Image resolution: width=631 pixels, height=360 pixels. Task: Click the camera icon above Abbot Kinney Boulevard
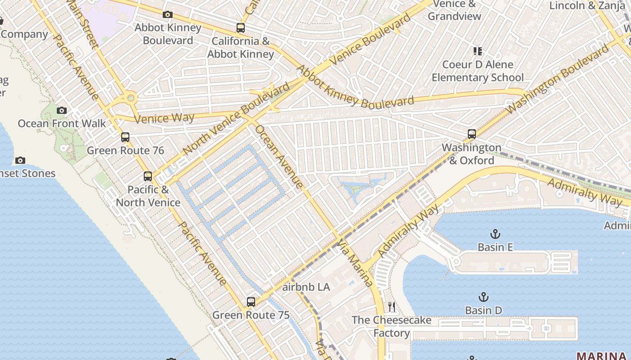[x=168, y=15]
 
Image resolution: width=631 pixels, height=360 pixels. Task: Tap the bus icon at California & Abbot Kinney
[x=241, y=28]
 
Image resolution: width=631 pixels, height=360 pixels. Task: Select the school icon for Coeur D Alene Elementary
[x=477, y=51]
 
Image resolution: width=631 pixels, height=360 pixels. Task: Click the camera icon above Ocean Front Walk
[x=62, y=110]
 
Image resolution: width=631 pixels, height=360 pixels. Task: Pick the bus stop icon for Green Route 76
[x=125, y=137]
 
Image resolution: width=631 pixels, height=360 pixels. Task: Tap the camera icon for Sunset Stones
[x=20, y=160]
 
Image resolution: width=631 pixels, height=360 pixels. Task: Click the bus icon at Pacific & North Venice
[x=148, y=176]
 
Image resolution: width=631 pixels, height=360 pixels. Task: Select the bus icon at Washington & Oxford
[x=471, y=134]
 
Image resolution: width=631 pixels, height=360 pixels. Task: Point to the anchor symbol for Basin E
[x=495, y=234]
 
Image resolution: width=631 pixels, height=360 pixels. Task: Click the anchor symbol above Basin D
[x=483, y=297]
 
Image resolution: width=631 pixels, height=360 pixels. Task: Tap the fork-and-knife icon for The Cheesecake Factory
[x=392, y=307]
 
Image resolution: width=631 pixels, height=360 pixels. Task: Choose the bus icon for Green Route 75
[x=251, y=302]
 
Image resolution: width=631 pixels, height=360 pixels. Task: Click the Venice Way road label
[x=165, y=119]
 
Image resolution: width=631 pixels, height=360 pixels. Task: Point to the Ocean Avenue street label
[x=279, y=156]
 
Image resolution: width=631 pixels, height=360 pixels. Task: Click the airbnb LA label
[x=306, y=287]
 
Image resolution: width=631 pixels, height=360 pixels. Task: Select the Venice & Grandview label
[x=454, y=10]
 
